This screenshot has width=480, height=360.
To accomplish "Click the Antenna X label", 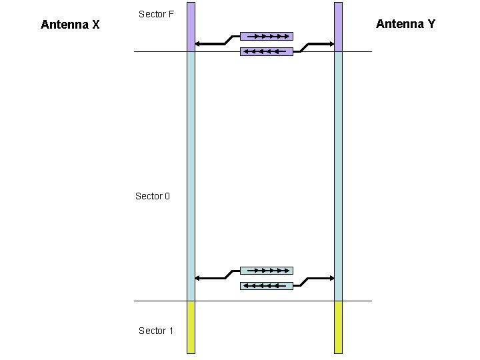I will point(70,25).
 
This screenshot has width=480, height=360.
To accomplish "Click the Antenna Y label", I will point(405,24).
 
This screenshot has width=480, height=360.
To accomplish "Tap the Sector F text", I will point(156,13).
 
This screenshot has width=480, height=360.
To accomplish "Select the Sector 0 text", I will point(153,196).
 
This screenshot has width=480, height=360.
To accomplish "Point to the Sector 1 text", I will point(156,331).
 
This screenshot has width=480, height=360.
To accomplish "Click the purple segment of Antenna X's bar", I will point(191,27).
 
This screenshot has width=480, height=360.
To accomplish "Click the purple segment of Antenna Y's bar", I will point(338,27).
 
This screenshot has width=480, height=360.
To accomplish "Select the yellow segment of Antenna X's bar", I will point(191,327).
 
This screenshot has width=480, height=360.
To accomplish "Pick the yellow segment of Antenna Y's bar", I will point(338,327).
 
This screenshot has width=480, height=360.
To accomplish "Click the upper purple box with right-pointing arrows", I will point(266,36).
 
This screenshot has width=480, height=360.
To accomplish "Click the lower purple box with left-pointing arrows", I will point(266,51).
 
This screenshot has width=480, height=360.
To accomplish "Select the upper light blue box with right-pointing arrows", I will point(266,271).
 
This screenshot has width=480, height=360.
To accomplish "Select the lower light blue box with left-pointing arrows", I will point(266,286).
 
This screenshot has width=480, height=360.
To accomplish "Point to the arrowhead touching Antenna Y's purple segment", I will point(330,44).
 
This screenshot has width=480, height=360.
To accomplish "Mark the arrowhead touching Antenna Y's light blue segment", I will point(330,278).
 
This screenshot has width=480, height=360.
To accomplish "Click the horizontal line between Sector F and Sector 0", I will point(267,52).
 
